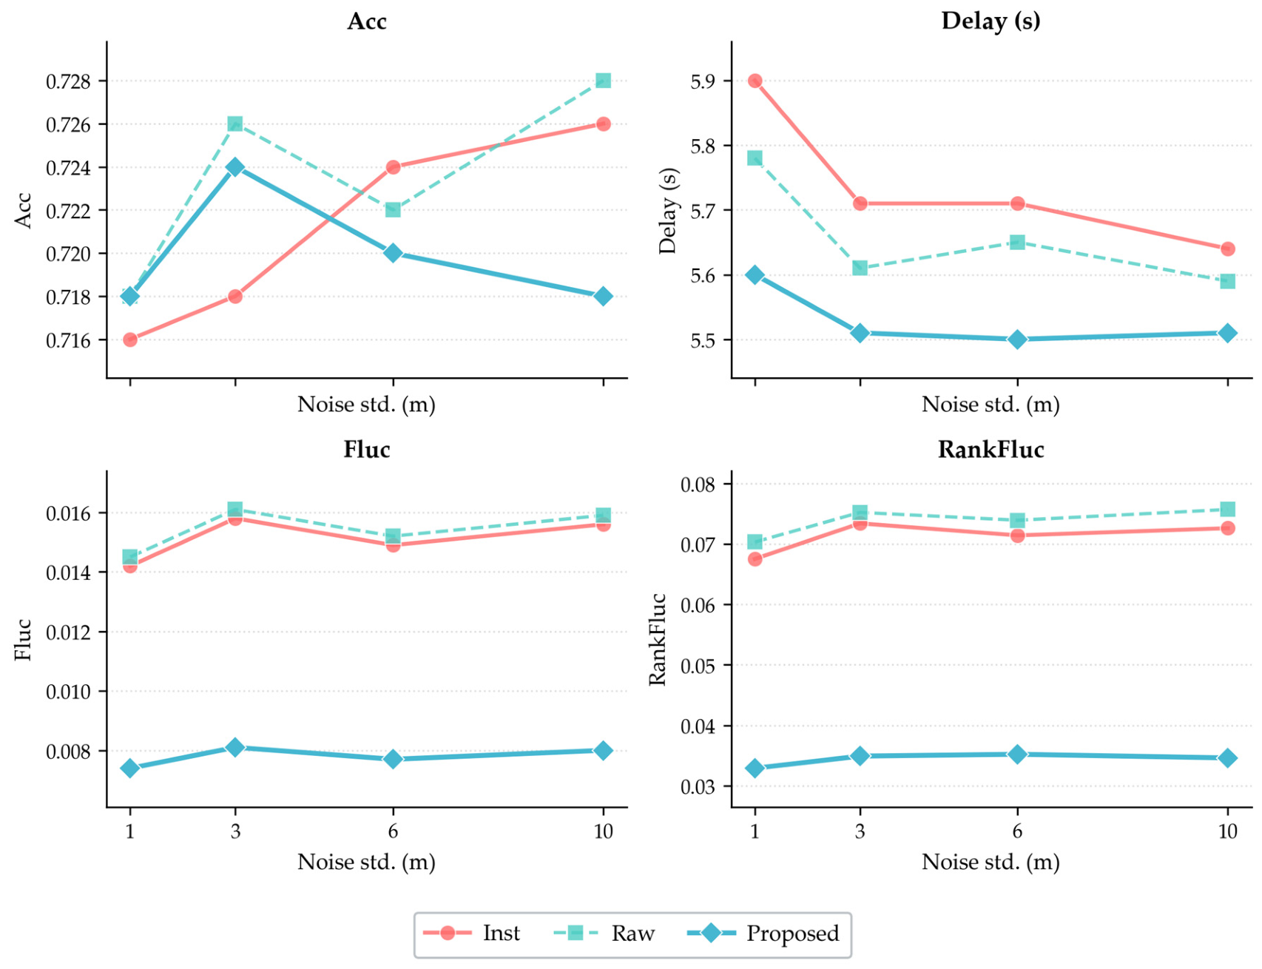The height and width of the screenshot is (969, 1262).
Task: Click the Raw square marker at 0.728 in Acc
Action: coord(603,81)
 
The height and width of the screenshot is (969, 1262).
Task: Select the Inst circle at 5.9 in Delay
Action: coord(755,81)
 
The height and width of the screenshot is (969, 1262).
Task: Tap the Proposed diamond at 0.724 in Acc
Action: coord(235,167)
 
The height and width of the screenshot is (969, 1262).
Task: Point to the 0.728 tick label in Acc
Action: coord(68,81)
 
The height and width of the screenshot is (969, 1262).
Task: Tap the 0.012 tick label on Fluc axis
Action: coord(68,633)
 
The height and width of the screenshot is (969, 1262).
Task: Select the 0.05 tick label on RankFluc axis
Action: coord(698,666)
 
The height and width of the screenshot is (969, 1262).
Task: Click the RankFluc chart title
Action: coord(991,450)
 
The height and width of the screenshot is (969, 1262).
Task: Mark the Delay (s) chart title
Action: coord(991,21)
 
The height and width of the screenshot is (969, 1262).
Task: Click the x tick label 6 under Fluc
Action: coord(393,831)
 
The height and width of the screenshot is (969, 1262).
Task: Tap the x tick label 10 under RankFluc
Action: coord(1227,831)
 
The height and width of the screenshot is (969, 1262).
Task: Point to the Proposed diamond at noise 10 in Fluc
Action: coord(603,751)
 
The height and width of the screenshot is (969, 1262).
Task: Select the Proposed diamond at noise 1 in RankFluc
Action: coord(755,769)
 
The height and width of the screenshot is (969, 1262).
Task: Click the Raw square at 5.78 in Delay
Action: coord(755,158)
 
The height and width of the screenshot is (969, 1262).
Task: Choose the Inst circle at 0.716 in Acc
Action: coord(130,340)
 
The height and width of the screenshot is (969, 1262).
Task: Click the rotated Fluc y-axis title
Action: coord(23,641)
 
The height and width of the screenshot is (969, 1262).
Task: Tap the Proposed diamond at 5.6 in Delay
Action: coord(755,275)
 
